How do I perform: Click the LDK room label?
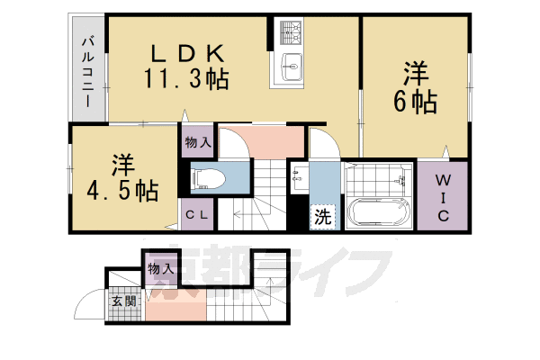pyautogui.click(x=186, y=51)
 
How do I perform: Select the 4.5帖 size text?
pyautogui.click(x=124, y=191)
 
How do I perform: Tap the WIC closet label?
pyautogui.click(x=444, y=201)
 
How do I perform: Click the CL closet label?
pyautogui.click(x=198, y=215)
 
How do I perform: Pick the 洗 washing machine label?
pyautogui.click(x=321, y=216)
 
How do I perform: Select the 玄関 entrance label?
pyautogui.click(x=123, y=301)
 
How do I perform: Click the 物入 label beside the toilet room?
pyautogui.click(x=198, y=142)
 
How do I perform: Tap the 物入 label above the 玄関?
pyautogui.click(x=159, y=268)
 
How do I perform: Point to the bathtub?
pyautogui.click(x=378, y=214)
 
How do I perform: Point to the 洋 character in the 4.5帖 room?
pyautogui.click(x=124, y=166)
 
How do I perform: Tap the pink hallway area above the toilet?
pyautogui.click(x=270, y=141)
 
